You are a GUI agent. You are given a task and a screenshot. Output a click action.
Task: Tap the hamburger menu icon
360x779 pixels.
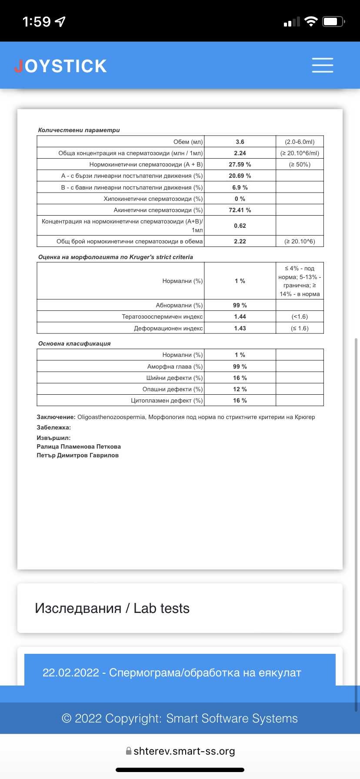coord(323,65)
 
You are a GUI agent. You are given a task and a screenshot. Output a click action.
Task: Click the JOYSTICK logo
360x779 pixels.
coord(60,66)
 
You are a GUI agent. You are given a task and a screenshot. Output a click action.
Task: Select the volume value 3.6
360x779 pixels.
coord(240,142)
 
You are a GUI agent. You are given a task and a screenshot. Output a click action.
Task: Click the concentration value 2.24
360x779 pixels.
coord(240,153)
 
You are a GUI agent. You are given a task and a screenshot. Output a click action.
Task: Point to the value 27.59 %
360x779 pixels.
coord(240,164)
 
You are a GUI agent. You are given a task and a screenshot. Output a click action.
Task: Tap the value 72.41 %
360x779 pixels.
coord(240,210)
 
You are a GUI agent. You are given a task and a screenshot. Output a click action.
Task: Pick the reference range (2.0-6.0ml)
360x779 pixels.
coord(300,142)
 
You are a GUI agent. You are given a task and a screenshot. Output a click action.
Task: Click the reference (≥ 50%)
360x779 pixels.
coord(300,164)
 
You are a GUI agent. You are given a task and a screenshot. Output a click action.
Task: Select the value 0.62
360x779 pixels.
coord(240,226)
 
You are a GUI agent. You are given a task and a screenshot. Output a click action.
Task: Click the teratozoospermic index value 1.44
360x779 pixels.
coord(240,316)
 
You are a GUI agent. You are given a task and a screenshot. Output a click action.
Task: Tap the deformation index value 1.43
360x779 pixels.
coord(240,328)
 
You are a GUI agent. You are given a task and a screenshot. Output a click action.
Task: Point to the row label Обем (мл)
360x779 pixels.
coord(188,142)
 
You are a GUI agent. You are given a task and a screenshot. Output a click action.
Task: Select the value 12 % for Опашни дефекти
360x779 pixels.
coord(240,389)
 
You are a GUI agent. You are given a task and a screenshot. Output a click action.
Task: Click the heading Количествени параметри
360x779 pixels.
coord(79,130)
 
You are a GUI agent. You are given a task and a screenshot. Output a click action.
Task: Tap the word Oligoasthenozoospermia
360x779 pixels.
coord(111,417)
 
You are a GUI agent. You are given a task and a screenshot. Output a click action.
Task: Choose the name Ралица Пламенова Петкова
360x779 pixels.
coord(79,446)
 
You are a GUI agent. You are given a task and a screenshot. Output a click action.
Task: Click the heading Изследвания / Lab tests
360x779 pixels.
coord(112,608)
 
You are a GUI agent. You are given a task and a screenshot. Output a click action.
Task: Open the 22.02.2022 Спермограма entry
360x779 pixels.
coord(172,672)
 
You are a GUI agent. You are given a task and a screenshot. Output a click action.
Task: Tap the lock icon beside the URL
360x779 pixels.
coord(129,751)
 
